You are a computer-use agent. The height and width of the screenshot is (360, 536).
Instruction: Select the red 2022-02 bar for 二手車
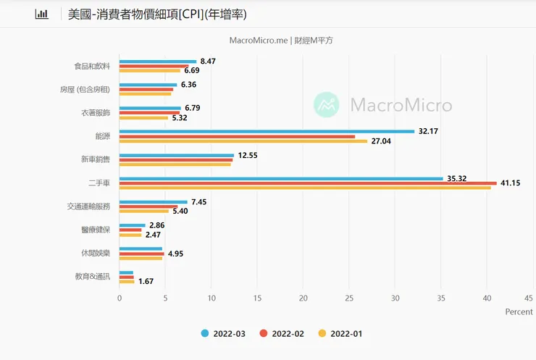click(308, 183)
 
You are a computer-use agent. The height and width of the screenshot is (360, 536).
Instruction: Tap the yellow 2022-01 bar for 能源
click(243, 141)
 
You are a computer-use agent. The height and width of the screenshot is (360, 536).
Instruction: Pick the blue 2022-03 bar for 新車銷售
click(177, 154)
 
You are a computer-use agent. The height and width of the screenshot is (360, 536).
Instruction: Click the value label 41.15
click(514, 183)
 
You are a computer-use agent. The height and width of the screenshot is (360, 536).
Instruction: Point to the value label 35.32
click(460, 177)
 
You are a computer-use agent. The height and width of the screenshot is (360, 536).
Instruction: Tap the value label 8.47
click(209, 62)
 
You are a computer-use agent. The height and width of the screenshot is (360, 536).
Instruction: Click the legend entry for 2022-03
click(224, 334)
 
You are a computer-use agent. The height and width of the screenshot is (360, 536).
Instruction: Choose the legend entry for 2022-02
click(282, 334)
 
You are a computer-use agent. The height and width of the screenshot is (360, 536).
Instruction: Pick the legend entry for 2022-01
click(340, 334)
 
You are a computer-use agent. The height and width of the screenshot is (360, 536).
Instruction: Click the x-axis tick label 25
click(349, 297)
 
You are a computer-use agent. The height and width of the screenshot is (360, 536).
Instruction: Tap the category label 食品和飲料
click(92, 66)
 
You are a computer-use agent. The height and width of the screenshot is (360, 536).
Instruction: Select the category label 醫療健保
click(96, 230)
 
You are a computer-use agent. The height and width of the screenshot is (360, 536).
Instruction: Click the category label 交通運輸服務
click(88, 206)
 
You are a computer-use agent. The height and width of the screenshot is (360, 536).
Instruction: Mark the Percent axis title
click(519, 311)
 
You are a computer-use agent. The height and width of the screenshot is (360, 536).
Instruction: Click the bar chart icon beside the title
click(42, 14)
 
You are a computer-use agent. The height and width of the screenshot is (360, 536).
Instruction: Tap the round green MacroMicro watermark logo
click(326, 105)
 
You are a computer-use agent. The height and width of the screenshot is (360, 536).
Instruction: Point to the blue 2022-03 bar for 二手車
click(281, 178)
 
